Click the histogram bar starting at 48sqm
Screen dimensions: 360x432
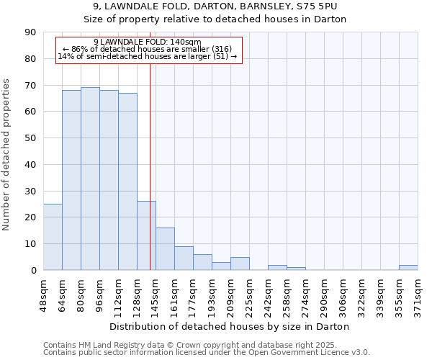point(53,237)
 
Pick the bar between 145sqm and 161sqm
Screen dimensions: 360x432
point(165,249)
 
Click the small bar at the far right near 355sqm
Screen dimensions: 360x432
point(408,268)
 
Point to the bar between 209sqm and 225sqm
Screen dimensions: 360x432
point(240,264)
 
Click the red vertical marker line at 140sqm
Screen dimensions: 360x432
point(150,166)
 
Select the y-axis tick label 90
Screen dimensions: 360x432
point(30,32)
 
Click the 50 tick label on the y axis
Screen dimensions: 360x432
point(30,138)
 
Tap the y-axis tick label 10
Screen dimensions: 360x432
point(30,244)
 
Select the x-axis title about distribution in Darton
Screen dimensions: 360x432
point(230,326)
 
